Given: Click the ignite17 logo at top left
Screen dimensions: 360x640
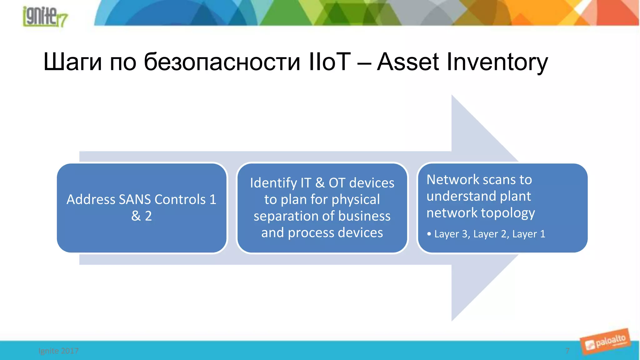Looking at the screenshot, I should tap(45, 16).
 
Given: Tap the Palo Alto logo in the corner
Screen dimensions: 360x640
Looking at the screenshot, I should tap(606, 342).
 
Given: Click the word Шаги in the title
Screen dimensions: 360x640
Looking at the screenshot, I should tap(72, 62).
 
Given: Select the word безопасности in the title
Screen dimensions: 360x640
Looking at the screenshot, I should tap(222, 62).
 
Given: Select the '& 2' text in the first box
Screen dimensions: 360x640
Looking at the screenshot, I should tap(142, 216).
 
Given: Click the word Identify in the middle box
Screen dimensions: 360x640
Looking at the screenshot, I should tap(273, 183).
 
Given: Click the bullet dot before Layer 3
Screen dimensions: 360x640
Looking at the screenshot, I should tap(429, 234).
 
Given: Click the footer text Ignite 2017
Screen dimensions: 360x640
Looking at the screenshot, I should tap(58, 351).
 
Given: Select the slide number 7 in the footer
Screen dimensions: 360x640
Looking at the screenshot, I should tap(567, 351).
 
